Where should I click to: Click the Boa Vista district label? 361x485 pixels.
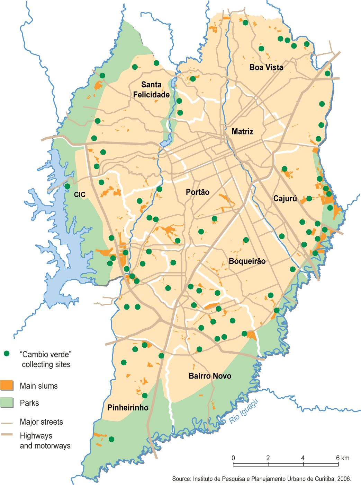(x=266, y=67)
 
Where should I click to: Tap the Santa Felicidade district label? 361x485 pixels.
(x=151, y=90)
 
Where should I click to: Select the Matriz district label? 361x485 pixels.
(x=242, y=131)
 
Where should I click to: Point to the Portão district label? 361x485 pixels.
(x=197, y=192)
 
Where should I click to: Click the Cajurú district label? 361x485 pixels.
(x=285, y=199)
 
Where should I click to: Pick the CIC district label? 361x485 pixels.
(x=80, y=194)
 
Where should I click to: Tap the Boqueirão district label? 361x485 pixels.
(x=247, y=261)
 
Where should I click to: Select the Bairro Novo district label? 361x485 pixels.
(x=210, y=376)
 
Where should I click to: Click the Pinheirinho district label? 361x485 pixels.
(x=128, y=407)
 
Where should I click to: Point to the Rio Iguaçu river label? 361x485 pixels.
(x=244, y=412)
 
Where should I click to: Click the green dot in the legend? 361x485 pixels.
(x=6, y=354)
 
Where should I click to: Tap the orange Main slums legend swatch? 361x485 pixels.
(x=7, y=385)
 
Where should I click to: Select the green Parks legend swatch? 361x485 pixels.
(x=7, y=402)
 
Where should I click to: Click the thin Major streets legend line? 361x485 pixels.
(x=7, y=423)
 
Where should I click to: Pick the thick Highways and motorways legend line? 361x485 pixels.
(x=7, y=434)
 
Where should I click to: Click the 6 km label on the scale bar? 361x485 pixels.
(x=342, y=458)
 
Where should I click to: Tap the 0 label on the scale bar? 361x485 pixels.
(x=233, y=458)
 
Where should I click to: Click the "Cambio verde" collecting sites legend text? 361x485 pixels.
(x=46, y=359)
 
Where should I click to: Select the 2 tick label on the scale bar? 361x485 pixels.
(x=268, y=458)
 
